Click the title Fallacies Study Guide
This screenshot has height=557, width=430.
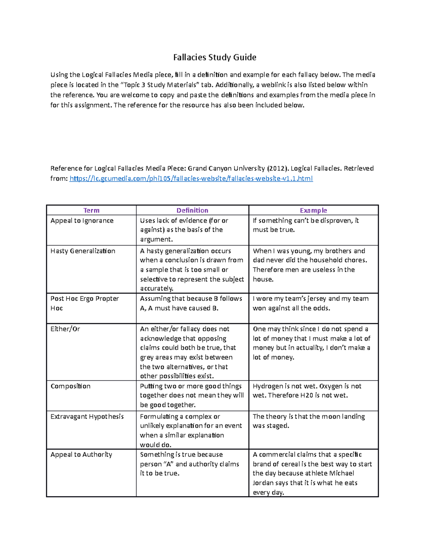215,57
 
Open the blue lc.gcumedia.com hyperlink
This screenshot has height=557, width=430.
191,179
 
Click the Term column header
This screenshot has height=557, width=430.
91,211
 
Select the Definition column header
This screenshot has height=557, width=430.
192,211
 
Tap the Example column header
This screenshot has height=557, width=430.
313,211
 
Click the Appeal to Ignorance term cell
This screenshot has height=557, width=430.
82,221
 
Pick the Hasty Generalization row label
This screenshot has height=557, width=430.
83,251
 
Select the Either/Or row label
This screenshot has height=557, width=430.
65,329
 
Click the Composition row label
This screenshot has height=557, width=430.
71,386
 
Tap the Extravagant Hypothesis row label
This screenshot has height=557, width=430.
87,417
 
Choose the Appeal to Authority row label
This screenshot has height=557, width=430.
81,455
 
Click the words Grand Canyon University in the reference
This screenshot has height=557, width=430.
226,169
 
